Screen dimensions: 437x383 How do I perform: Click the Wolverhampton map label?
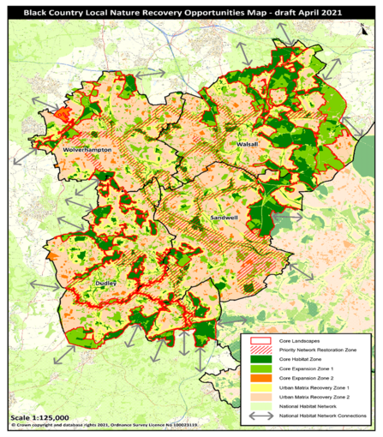[88, 149]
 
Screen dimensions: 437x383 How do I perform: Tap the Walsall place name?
[237, 145]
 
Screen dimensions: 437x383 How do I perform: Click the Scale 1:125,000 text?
[38, 416]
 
